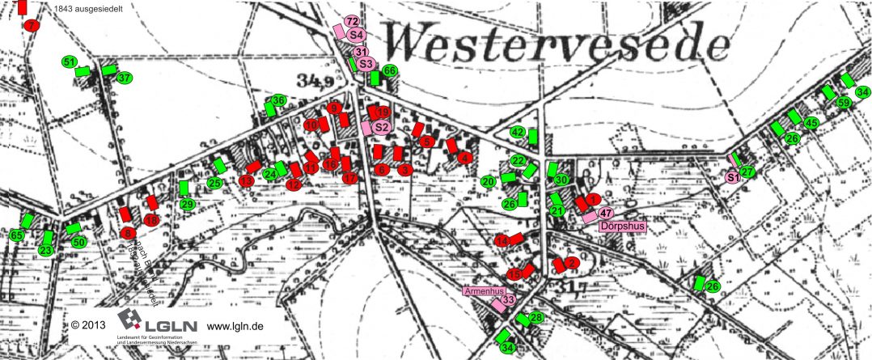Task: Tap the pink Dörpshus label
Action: [x=624, y=227]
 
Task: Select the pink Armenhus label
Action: [x=485, y=290]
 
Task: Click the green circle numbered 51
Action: [x=69, y=62]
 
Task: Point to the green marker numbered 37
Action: [x=124, y=78]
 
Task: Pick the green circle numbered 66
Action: [x=389, y=71]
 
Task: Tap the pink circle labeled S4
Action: [x=357, y=34]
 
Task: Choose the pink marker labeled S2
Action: [x=382, y=126]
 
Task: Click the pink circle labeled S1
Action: [x=733, y=177]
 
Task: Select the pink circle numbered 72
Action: [x=351, y=22]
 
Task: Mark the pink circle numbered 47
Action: [x=606, y=213]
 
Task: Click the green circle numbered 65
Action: [x=17, y=235]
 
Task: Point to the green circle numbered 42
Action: [x=519, y=132]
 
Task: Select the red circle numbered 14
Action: [x=503, y=241]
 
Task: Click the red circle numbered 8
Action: [x=128, y=234]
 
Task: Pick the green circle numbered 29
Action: [x=188, y=205]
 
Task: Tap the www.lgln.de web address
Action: [x=235, y=327]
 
